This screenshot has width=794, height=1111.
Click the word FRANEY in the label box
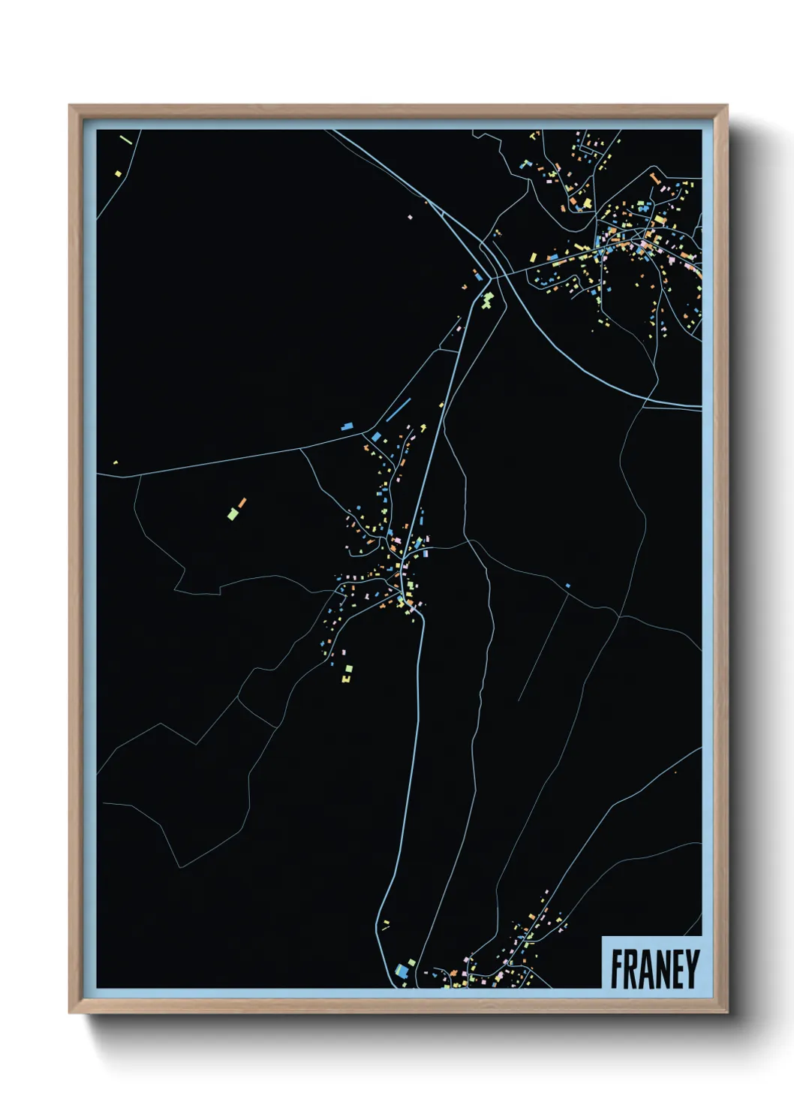tap(654, 968)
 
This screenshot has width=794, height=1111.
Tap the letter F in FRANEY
tap(617, 968)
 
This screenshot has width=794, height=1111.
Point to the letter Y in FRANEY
tap(692, 968)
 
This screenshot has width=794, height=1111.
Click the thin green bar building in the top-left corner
tap(125, 139)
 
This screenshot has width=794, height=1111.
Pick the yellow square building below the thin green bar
tap(118, 174)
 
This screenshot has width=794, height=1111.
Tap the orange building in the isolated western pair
tap(242, 502)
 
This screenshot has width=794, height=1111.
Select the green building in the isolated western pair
tap(233, 514)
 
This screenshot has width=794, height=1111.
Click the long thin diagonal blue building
tap(399, 410)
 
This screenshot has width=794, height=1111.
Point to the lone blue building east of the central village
tap(567, 586)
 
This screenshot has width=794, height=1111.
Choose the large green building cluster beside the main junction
tap(488, 301)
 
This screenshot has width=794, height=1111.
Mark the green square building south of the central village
tap(348, 668)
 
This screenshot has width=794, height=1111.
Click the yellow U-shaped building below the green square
tap(345, 679)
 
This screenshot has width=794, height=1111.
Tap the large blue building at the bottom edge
tap(401, 971)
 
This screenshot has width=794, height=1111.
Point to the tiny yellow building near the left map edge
tap(115, 462)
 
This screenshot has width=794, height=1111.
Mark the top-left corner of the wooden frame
tap(70, 107)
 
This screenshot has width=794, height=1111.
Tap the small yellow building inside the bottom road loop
tap(386, 923)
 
